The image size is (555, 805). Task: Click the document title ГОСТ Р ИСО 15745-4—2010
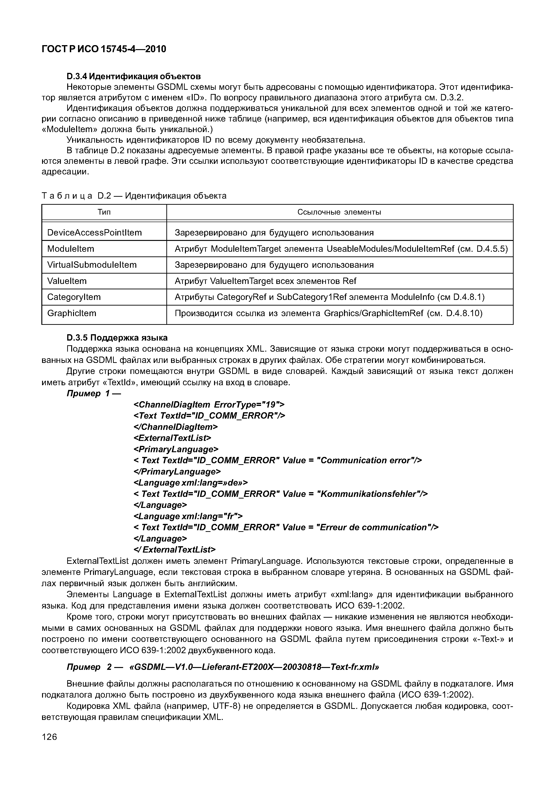(104, 49)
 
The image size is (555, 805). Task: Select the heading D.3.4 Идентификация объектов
(133, 76)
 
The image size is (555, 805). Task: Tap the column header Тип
(104, 212)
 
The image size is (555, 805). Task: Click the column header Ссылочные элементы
(339, 212)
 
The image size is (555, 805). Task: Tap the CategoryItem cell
(74, 297)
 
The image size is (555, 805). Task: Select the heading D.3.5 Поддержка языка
(117, 338)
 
